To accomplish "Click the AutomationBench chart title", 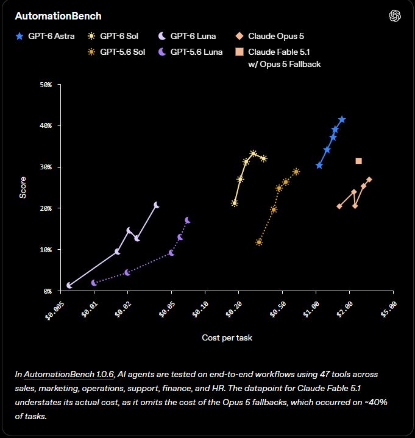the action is point(58,16).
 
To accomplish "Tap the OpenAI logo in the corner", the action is point(395,16).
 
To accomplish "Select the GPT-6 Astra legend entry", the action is point(45,36).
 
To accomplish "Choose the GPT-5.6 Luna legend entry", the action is point(190,52).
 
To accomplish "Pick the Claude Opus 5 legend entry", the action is point(270,36).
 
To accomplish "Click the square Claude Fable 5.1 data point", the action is point(358,161).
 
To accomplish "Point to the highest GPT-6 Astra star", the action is point(342,119).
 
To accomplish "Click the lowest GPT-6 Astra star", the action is point(319,165).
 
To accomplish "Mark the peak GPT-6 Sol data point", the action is point(253,154).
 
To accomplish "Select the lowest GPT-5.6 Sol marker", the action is point(259,242).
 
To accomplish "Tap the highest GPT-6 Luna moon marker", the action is point(157,205).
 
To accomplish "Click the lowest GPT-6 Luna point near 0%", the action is point(69,285).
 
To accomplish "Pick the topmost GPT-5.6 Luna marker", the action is point(188,220).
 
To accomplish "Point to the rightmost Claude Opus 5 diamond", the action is point(369,179).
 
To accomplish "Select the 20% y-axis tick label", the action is point(46,208).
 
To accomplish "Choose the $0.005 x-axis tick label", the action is point(54,311).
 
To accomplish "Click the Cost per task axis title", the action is point(227,337).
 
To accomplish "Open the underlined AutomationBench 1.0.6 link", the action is point(69,374).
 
